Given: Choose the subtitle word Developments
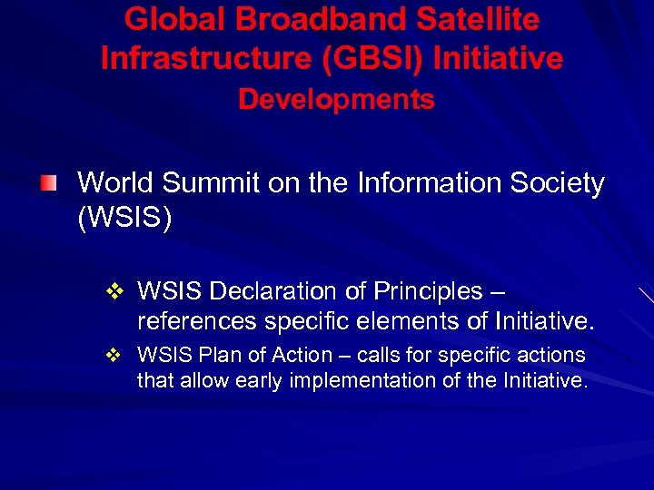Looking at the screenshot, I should (x=336, y=100).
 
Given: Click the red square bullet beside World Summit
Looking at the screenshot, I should (x=47, y=185).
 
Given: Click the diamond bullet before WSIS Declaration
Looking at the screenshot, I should (x=114, y=292).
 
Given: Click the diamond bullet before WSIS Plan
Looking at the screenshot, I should (x=114, y=356).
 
